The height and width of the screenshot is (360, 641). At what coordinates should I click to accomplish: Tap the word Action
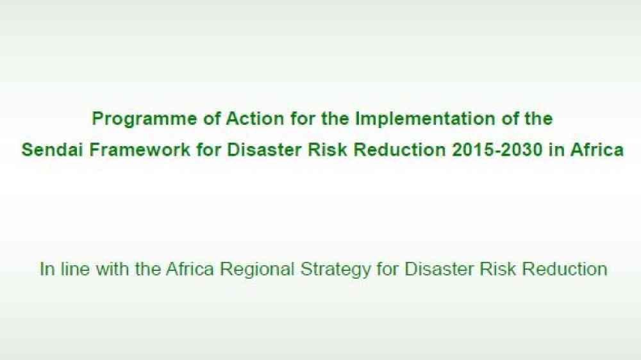[254, 119]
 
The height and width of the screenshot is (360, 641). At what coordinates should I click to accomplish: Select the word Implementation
[425, 120]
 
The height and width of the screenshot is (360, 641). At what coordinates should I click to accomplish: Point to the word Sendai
[53, 149]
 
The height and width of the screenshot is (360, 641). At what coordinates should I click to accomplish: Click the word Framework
[140, 149]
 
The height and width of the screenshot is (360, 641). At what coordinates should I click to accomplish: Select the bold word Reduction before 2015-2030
[400, 149]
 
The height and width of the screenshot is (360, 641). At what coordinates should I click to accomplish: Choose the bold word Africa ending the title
[597, 149]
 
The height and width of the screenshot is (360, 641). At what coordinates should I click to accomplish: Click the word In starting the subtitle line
[47, 269]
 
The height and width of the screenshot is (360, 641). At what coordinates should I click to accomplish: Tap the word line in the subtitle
[75, 269]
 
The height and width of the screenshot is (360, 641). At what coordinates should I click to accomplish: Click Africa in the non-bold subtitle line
[190, 269]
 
